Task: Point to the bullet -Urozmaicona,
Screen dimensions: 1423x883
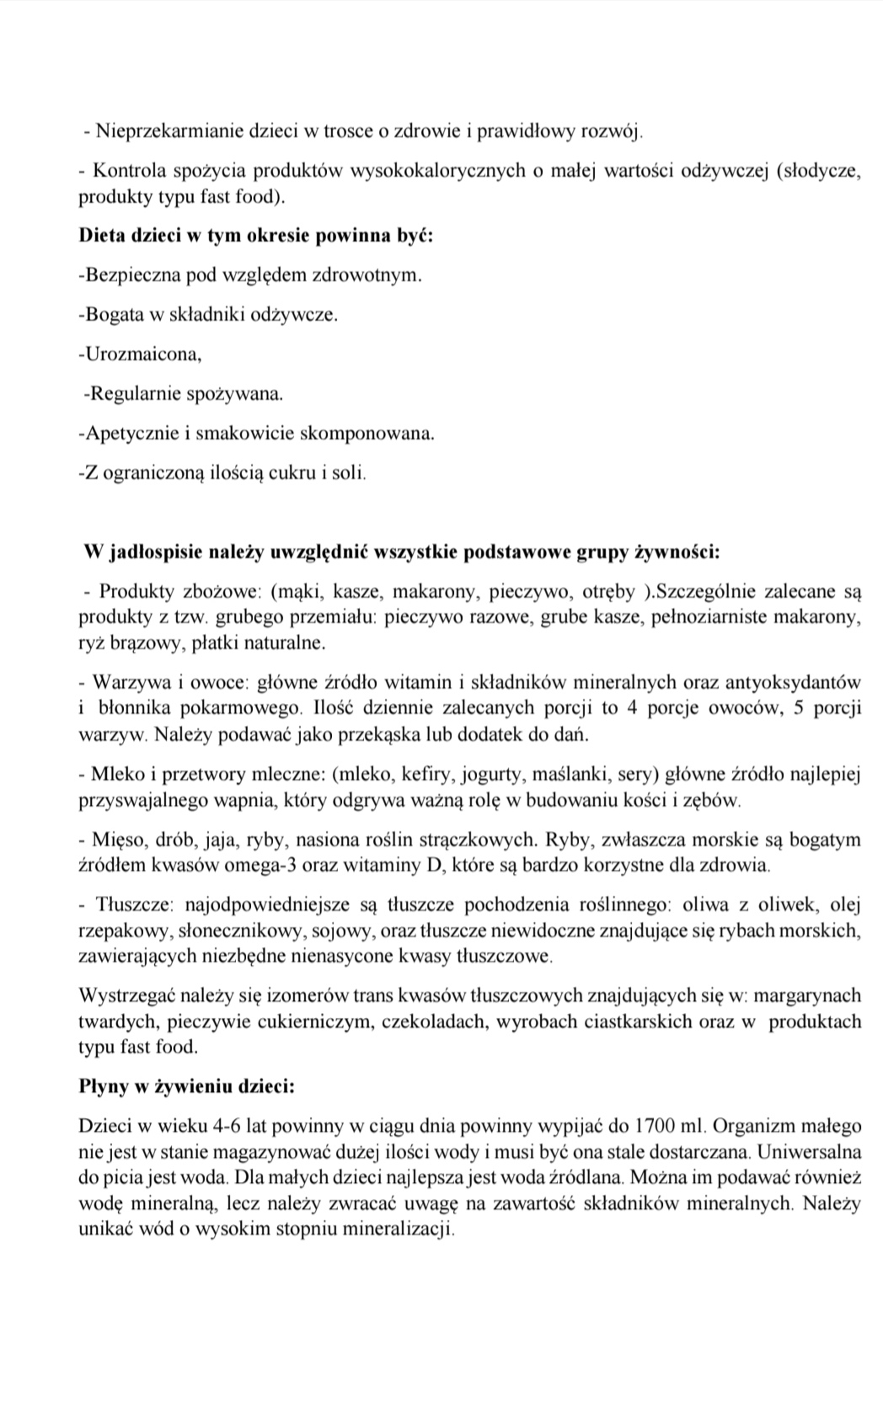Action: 140,354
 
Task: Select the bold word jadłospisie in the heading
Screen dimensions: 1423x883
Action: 155,552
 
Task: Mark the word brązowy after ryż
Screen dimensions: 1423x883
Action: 142,643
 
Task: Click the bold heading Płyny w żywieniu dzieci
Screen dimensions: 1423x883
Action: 186,1086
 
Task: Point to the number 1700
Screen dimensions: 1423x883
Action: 654,1126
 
